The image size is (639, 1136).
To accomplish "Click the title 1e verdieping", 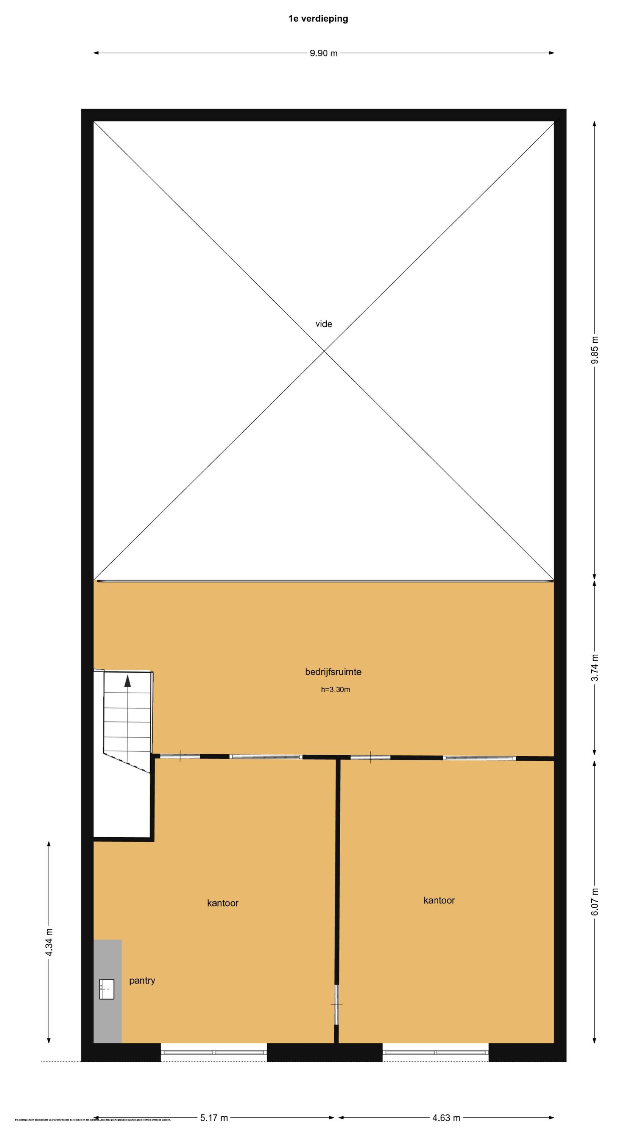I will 318,19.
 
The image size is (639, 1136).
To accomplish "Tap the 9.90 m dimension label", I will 323,53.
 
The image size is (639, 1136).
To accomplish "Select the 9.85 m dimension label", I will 595,350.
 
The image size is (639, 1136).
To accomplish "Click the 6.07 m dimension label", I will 595,901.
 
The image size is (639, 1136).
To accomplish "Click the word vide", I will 323,324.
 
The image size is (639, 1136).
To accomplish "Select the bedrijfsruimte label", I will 333,672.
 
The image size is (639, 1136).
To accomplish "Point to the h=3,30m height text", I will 335,690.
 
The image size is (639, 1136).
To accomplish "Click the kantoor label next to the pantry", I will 222,903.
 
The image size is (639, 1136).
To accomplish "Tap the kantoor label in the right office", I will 439,900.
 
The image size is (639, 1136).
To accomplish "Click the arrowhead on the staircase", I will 128,682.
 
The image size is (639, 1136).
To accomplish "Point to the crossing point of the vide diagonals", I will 324,351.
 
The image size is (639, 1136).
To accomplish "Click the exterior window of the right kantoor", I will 435,1052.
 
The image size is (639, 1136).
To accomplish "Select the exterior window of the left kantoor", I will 214,1052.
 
